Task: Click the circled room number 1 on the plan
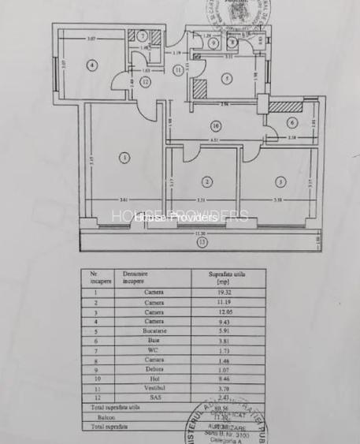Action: [x=124, y=158]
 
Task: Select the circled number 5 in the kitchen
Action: [x=225, y=78]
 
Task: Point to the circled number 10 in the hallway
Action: [x=213, y=125]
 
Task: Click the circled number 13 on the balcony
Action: [x=202, y=243]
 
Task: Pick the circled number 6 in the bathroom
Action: [x=291, y=122]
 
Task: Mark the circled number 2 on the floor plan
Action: [x=206, y=181]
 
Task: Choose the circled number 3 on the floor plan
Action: [x=279, y=181]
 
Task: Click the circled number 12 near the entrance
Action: [x=145, y=81]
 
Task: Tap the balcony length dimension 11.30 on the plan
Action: [x=202, y=235]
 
